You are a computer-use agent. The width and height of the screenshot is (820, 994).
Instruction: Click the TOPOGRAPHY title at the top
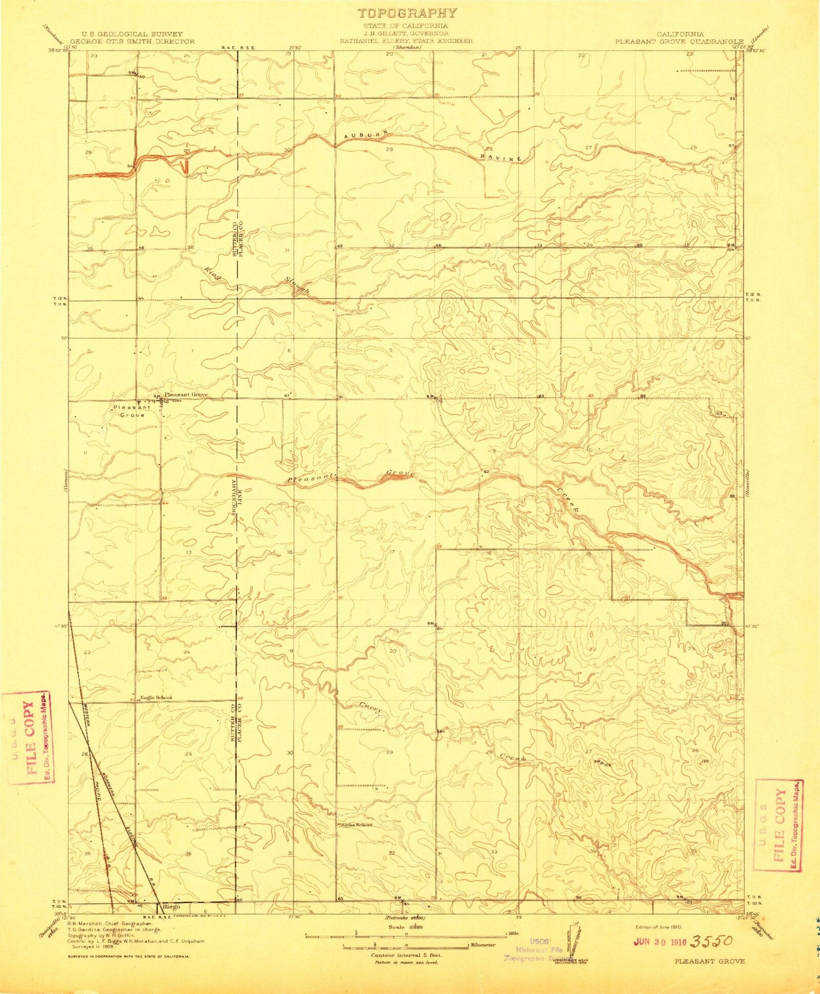point(407,13)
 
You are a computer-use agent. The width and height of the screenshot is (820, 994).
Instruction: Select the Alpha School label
point(356,825)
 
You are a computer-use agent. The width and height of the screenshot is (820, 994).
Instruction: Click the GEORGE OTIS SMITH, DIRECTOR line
point(132,41)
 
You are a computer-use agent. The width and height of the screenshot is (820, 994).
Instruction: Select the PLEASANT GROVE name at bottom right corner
point(709,977)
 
